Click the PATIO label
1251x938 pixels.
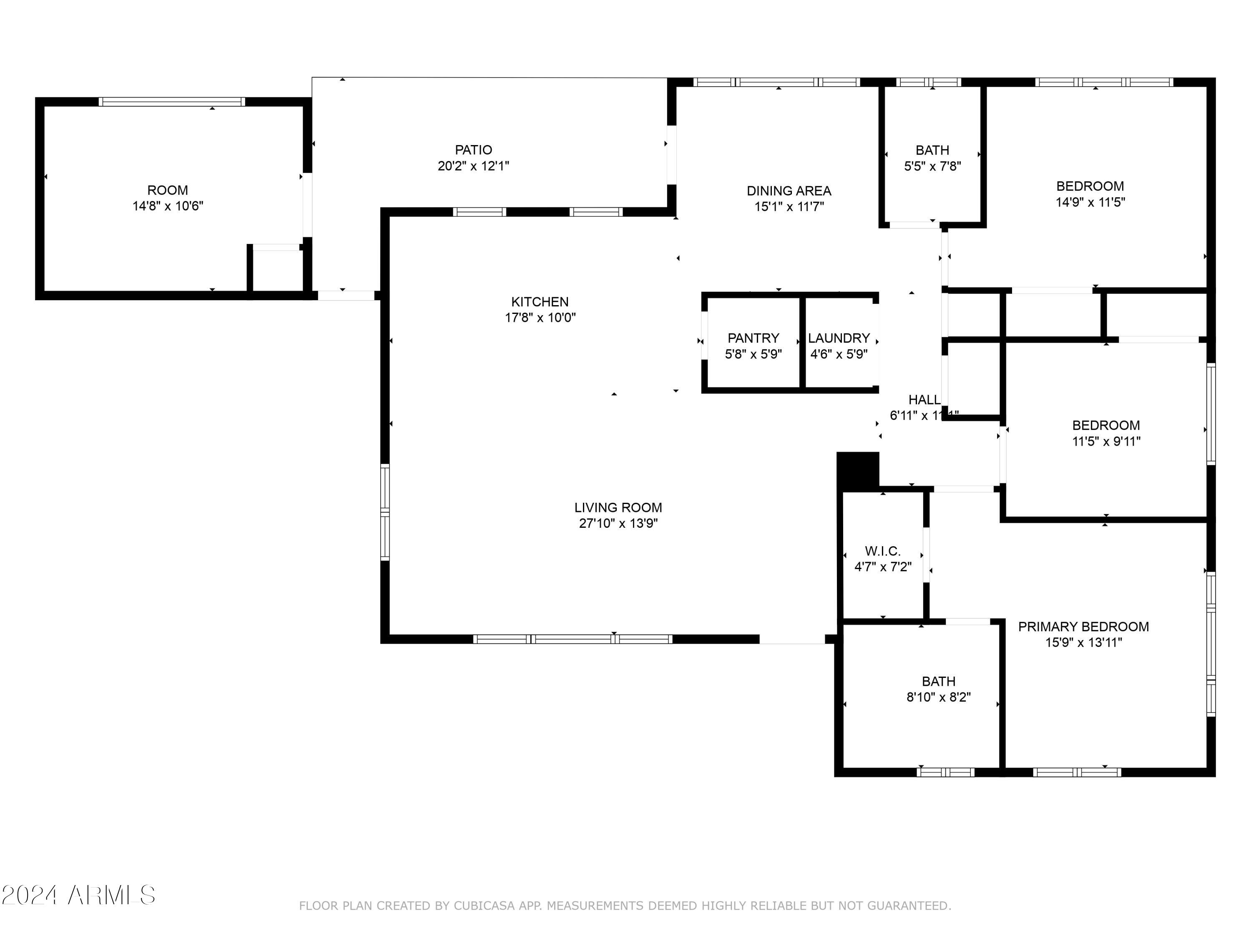click(473, 150)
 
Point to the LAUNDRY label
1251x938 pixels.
click(838, 338)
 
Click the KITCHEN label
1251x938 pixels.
click(540, 302)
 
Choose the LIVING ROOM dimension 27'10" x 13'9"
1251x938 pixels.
click(618, 523)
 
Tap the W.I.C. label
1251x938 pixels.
click(882, 551)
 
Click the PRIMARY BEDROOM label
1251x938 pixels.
click(1083, 627)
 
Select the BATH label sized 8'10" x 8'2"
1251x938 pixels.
click(938, 681)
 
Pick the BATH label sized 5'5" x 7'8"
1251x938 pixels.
click(932, 150)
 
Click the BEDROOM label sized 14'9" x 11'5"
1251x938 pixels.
click(1090, 186)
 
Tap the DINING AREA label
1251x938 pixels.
click(789, 191)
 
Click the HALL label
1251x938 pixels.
click(924, 400)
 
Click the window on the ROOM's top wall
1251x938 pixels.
click(172, 102)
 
